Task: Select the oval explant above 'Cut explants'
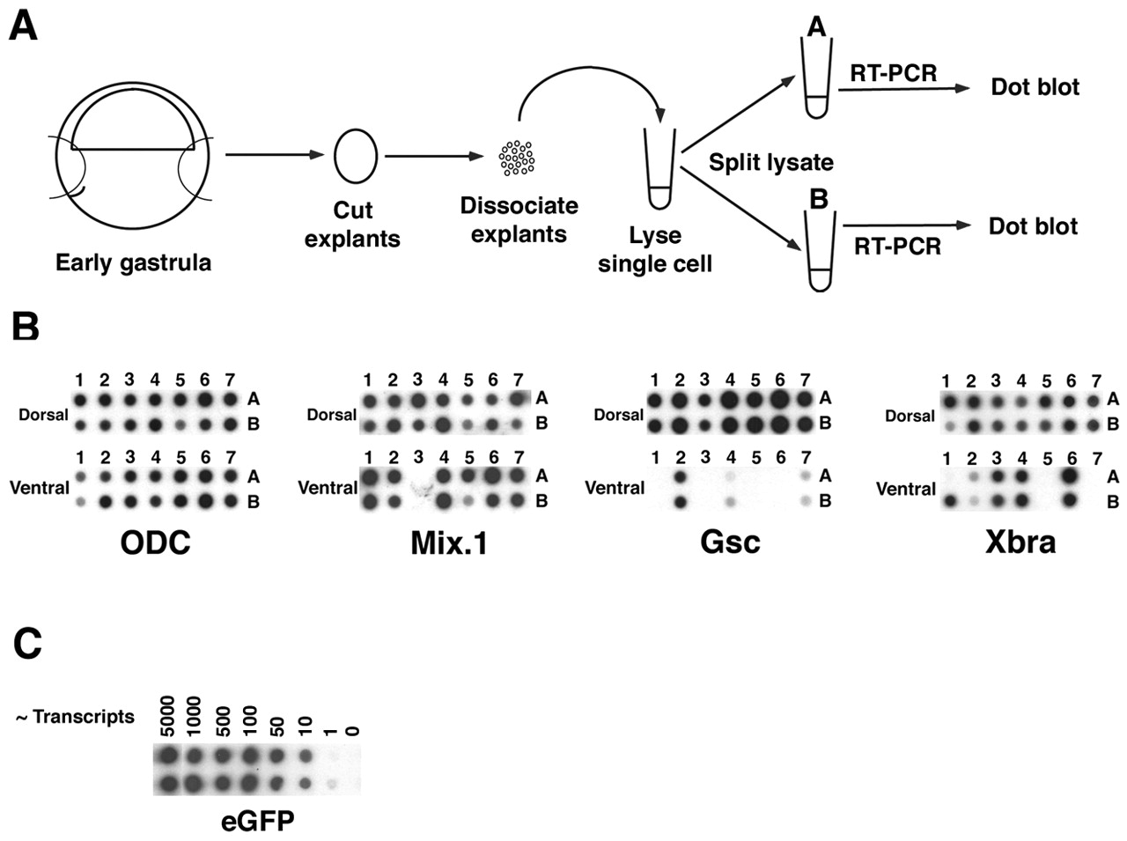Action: [x=356, y=157]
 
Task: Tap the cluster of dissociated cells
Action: [x=517, y=158]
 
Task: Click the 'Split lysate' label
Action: [x=770, y=163]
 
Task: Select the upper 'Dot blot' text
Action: [x=1035, y=86]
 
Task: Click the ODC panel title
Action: [x=155, y=542]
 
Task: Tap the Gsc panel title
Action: [x=730, y=542]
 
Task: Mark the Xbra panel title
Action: [x=1020, y=541]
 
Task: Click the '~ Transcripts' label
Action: [x=75, y=717]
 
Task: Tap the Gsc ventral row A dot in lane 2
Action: [x=680, y=476]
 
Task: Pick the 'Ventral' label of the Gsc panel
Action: [x=615, y=488]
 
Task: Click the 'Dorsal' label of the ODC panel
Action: [x=43, y=414]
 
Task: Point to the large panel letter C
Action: [x=27, y=644]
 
